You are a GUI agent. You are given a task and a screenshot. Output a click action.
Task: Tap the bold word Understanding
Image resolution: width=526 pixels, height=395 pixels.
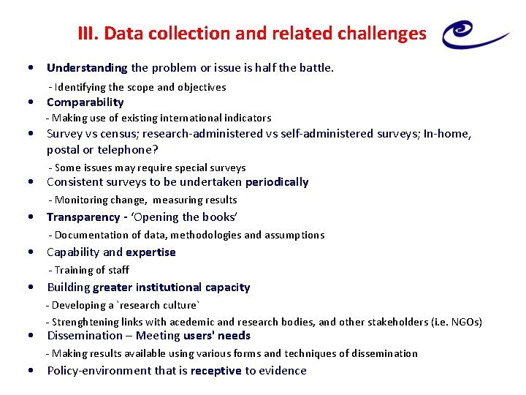pos(87,68)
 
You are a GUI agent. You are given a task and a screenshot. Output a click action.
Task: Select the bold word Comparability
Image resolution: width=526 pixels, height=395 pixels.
pos(85,102)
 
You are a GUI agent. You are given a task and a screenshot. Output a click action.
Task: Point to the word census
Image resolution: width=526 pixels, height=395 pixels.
pos(120,134)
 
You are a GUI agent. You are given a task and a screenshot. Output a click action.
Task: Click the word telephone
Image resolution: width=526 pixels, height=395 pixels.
pos(127,150)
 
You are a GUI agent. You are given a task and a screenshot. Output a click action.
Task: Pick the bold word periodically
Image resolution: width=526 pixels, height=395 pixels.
pos(277,182)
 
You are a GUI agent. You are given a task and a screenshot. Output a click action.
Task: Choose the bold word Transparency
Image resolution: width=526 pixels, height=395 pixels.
pos(83,217)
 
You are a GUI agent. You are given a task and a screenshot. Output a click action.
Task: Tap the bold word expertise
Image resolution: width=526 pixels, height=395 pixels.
pos(150,252)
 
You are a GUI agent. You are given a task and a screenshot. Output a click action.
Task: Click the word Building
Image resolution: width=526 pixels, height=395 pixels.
pos(69,287)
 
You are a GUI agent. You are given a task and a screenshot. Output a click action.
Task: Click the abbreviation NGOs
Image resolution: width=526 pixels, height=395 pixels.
pos(465,323)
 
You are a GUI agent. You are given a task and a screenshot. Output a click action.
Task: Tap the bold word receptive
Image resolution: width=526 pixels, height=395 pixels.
pos(216,371)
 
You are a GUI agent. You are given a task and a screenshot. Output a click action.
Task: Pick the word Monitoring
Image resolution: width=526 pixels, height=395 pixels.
pos(80,200)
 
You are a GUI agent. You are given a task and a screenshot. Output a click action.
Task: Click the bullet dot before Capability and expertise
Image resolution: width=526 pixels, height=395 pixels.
pos(31,252)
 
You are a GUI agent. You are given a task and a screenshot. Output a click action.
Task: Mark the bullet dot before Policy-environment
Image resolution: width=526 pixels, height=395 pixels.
pos(31,371)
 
